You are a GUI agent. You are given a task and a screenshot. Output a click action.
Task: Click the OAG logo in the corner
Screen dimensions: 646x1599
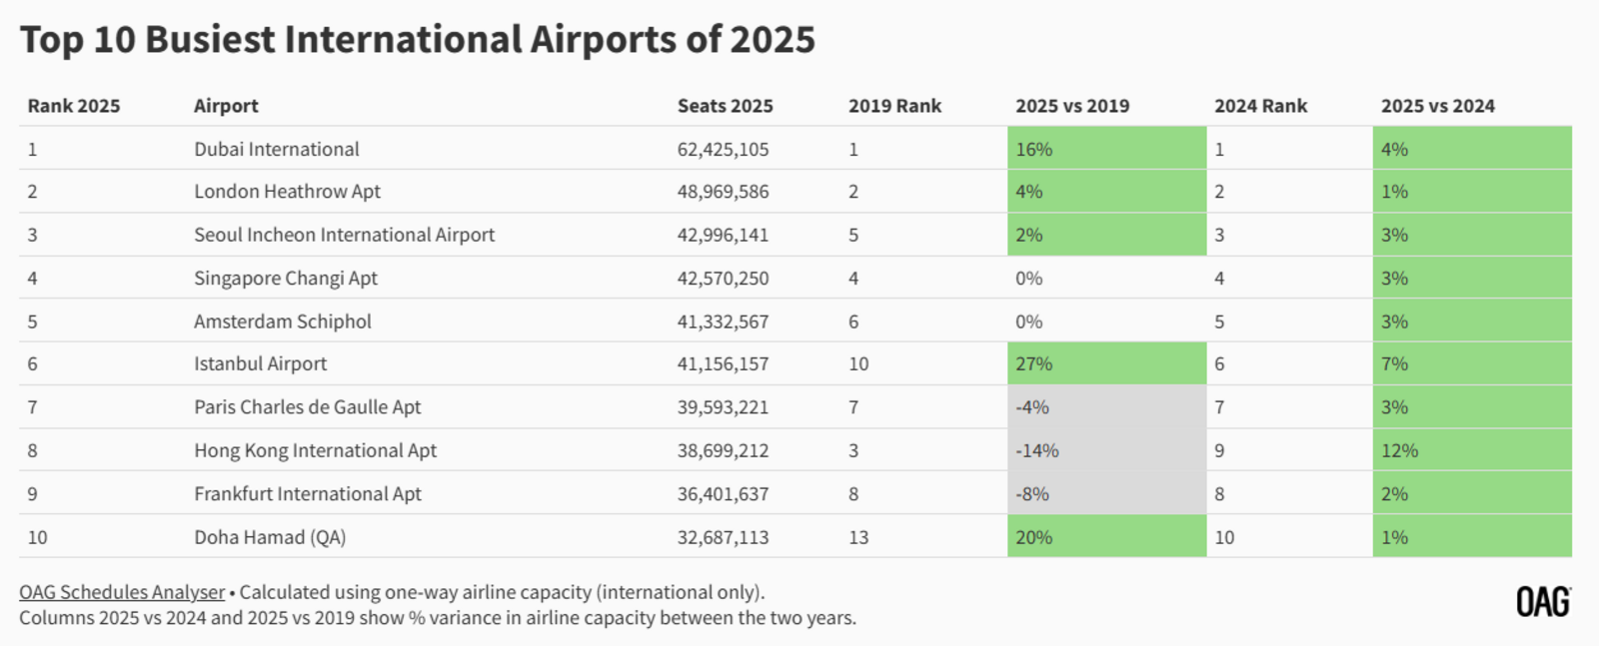(1543, 602)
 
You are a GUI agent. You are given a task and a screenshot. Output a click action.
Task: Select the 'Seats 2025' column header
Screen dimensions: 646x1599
(725, 106)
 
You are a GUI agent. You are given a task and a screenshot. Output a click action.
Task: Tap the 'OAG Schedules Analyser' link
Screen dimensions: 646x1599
(122, 592)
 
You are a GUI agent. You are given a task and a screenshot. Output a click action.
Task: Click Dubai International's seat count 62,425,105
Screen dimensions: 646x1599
(723, 149)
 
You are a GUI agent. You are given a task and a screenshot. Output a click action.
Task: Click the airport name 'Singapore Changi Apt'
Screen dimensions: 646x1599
(286, 278)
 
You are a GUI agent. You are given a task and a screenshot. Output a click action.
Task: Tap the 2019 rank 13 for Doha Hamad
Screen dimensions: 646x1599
(858, 537)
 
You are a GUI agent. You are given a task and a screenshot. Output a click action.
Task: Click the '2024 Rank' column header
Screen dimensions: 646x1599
(1260, 106)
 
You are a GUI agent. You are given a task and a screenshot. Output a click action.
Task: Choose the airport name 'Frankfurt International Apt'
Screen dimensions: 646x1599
(308, 493)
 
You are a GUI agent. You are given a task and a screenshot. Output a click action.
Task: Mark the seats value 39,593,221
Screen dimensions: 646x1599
(723, 406)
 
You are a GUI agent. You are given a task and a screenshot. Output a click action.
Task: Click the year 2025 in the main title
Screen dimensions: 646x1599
(773, 40)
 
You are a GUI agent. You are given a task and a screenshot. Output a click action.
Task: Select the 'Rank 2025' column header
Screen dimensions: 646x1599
(74, 106)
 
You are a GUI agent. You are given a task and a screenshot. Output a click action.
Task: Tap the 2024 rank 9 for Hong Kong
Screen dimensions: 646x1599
(1219, 450)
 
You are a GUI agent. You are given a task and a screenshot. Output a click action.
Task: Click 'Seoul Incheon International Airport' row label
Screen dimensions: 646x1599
(344, 235)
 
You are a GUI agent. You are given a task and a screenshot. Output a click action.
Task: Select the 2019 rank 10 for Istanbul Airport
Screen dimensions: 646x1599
(858, 363)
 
